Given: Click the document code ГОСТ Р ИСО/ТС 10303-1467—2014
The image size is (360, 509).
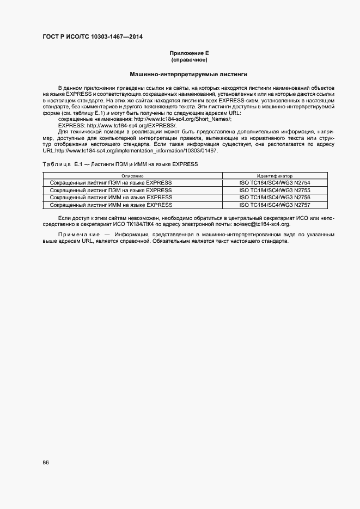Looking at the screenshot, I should click(x=93, y=37).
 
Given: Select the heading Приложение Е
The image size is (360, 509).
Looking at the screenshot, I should click(x=189, y=53).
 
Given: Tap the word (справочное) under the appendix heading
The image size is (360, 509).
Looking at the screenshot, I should click(x=189, y=59).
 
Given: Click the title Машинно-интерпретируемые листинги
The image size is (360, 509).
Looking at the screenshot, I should click(x=189, y=73).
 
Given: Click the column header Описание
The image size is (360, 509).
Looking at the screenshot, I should click(x=132, y=176).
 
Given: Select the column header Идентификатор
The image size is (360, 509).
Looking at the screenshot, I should click(x=274, y=176).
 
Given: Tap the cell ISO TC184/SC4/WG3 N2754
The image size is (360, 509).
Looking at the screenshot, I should click(x=274, y=182).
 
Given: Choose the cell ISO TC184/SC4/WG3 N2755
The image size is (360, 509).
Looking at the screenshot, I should click(x=274, y=190).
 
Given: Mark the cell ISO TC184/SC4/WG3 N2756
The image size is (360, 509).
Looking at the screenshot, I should click(x=274, y=198).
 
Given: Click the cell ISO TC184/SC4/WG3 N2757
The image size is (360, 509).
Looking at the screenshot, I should click(x=274, y=205).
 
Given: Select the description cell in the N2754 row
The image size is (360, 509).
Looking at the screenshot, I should click(x=111, y=182).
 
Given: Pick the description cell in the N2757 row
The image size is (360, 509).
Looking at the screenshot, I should click(x=111, y=205).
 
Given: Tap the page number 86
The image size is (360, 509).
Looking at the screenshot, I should click(x=46, y=463).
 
